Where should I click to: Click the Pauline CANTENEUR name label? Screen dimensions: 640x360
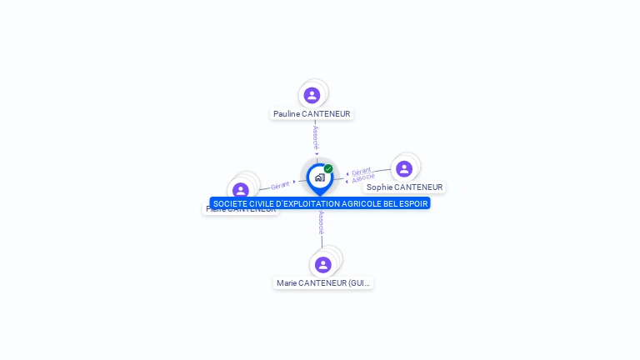click(x=312, y=114)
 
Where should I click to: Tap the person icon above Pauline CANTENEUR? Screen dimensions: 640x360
click(x=312, y=95)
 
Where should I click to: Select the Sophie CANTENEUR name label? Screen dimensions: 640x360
click(x=404, y=187)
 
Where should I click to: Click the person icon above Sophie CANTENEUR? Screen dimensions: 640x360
click(x=404, y=169)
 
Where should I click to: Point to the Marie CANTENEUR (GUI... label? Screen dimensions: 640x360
click(x=323, y=283)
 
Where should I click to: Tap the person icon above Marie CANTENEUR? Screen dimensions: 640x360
click(x=323, y=264)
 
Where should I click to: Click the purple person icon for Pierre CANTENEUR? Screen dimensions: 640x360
click(x=241, y=190)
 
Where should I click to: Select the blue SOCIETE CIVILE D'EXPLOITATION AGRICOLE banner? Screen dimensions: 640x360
click(x=320, y=203)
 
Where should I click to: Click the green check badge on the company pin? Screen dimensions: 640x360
click(x=328, y=169)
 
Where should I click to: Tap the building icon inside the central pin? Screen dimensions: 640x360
click(x=319, y=177)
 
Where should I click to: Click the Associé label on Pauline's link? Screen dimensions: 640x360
click(x=316, y=137)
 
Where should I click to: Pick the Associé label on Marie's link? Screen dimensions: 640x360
click(x=321, y=222)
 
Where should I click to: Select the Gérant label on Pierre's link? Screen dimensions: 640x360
click(x=280, y=185)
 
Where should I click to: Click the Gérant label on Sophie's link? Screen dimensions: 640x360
click(x=361, y=171)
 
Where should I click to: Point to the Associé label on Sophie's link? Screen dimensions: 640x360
click(x=363, y=178)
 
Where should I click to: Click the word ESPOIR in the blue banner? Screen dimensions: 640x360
click(x=413, y=203)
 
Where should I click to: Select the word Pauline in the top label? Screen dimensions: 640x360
click(x=287, y=114)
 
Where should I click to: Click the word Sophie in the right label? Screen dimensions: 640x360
click(x=379, y=187)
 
